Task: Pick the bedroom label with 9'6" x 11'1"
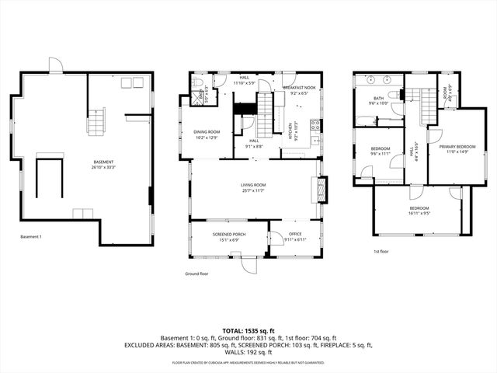[380, 150]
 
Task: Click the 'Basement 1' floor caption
[30, 236]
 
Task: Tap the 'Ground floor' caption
[197, 274]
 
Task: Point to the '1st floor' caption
[381, 251]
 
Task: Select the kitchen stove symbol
[315, 126]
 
